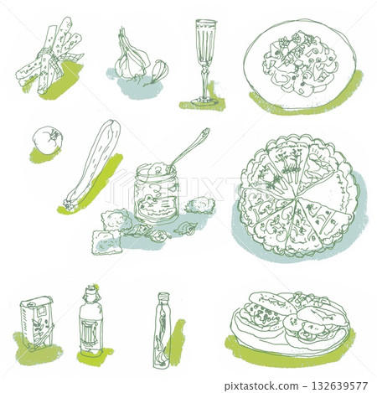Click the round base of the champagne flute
(204, 101)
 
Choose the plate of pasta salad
(299, 64)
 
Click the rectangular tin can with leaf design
(37, 323)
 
